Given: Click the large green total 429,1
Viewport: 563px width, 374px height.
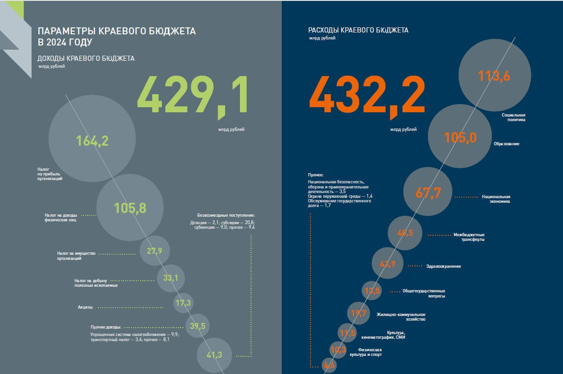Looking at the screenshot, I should pos(193,96).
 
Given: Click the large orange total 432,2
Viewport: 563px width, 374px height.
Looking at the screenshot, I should pos(367,96).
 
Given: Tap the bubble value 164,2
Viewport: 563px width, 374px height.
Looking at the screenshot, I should pos(92,141).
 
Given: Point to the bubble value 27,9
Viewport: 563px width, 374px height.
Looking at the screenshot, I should pos(154,251).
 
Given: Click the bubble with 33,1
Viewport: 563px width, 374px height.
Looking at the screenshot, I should pos(171,278).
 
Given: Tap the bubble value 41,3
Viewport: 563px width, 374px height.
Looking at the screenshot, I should pos(214,355).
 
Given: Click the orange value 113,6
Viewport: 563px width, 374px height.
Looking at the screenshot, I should pos(494,76).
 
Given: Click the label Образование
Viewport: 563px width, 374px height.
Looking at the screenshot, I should pos(506,144).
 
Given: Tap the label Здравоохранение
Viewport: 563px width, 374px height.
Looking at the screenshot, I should pos(443,266).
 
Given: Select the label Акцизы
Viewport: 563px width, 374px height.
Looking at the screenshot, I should pos(85,307).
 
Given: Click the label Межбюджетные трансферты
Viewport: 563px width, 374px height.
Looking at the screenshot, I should pos(469,237).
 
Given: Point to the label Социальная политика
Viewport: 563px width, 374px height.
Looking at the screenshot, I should pos(513,117).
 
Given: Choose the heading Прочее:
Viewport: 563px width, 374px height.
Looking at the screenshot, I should pos(315,175).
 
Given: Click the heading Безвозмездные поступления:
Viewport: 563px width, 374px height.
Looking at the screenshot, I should pos(226,215).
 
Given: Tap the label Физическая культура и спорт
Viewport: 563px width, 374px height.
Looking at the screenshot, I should pos(369,352).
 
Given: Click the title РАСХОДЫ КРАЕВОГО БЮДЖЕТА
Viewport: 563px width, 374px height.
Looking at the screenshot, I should pos(358,30).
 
